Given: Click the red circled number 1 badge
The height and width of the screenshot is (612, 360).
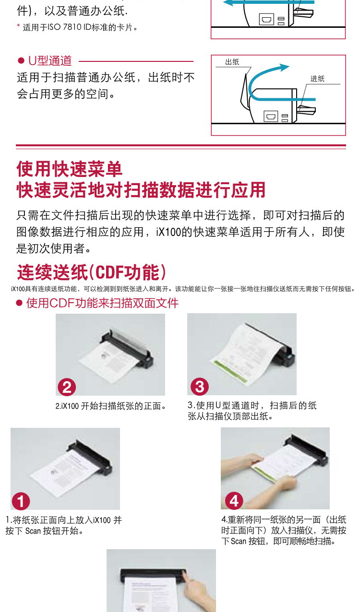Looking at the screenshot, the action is click(x=21, y=501).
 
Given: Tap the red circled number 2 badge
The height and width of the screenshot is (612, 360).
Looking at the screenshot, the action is click(x=67, y=387).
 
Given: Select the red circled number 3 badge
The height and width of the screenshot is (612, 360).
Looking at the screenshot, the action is click(x=200, y=387).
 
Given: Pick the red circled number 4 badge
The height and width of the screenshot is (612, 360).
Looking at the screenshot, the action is click(x=234, y=501).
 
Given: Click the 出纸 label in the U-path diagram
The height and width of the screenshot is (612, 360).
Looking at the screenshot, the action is click(x=232, y=62).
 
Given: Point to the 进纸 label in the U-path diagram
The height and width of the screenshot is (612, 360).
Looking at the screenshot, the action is click(x=317, y=79).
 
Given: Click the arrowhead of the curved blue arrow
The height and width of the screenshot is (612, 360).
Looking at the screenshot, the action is click(x=284, y=67).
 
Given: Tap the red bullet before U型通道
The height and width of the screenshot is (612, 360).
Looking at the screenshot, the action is click(x=21, y=60).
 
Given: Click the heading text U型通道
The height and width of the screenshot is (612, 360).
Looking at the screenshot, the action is click(x=50, y=60).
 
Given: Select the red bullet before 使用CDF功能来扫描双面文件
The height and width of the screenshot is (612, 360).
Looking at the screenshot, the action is click(x=19, y=303).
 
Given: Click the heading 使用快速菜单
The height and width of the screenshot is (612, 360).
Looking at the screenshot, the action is click(x=69, y=169).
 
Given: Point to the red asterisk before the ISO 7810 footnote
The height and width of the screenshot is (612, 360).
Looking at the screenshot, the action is click(x=18, y=26).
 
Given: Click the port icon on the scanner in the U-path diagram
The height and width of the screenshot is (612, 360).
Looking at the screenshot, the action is click(x=271, y=116).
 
